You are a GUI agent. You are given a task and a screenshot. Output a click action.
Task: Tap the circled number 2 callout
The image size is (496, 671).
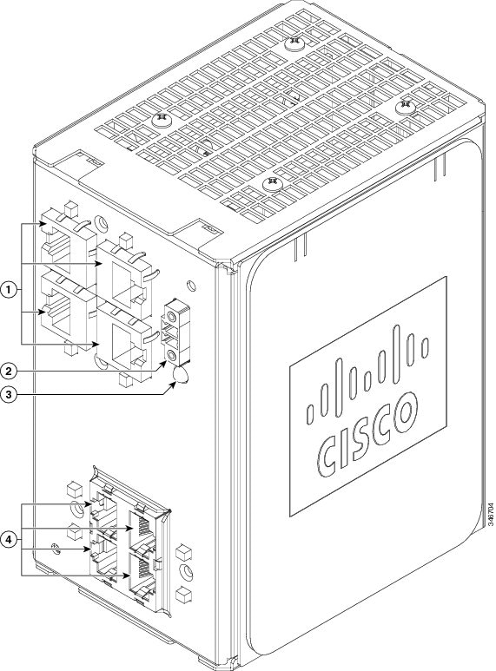[x=8, y=370]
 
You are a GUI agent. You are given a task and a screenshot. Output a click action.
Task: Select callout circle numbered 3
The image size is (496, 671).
[x=8, y=395]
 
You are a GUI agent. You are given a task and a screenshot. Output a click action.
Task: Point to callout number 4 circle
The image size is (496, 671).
[x=8, y=540]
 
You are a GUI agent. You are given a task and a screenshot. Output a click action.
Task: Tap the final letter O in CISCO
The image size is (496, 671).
[x=405, y=412]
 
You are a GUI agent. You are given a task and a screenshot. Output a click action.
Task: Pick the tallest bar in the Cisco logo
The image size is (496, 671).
[x=397, y=354]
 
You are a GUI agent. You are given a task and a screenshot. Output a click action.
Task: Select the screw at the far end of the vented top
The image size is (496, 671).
[x=294, y=42]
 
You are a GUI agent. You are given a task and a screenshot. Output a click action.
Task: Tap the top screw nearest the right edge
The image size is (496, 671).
[x=405, y=106]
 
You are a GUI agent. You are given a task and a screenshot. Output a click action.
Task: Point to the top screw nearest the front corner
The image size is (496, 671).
[x=272, y=184]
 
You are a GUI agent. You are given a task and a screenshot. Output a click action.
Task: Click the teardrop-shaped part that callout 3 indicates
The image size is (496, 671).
[x=181, y=374]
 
